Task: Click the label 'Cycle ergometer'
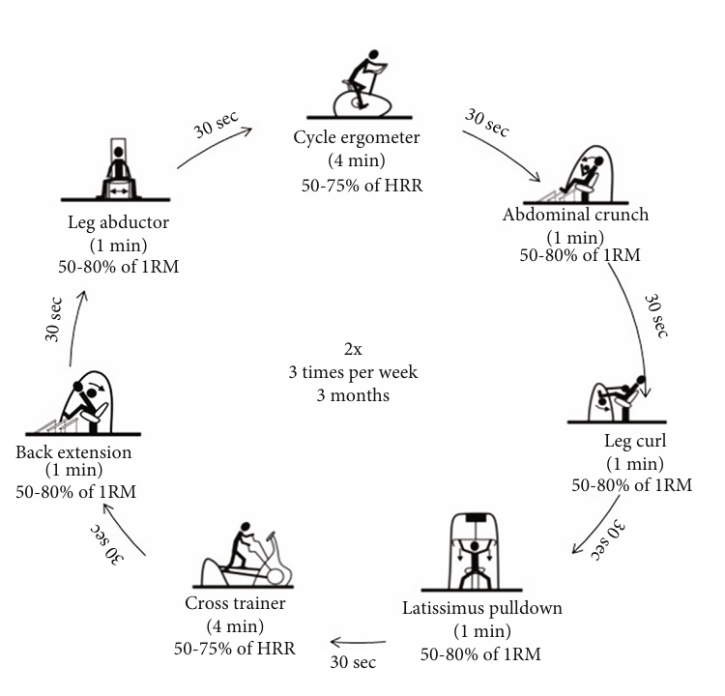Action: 357,137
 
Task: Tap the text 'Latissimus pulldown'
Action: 481,610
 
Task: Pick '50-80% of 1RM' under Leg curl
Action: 632,485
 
